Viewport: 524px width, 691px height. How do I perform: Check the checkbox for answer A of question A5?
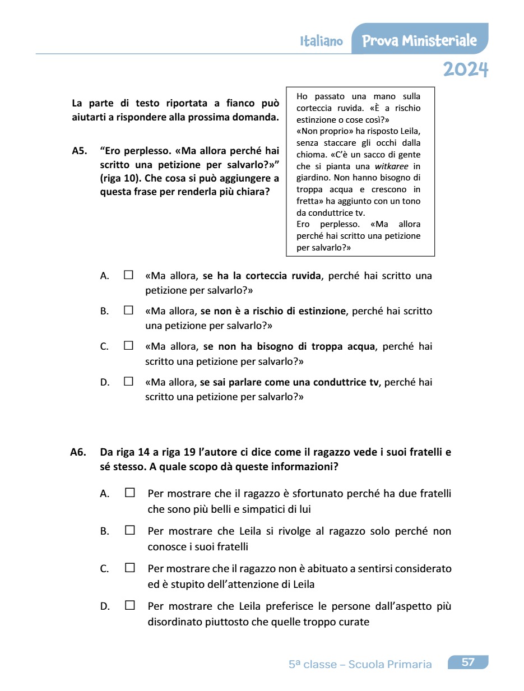point(129,275)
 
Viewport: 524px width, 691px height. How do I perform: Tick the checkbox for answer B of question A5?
point(129,310)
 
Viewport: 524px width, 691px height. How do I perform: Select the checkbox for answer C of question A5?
point(129,346)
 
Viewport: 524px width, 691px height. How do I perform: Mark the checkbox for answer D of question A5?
point(129,382)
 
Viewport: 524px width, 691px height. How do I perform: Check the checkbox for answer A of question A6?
point(130,493)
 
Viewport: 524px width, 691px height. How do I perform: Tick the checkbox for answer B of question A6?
point(130,530)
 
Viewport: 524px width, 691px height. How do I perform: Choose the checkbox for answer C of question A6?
point(130,568)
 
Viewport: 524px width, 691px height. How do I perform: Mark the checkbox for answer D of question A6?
point(130,605)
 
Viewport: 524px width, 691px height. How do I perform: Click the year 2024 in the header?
point(465,69)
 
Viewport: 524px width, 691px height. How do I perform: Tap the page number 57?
point(468,662)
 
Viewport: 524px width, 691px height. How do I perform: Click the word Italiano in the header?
point(321,41)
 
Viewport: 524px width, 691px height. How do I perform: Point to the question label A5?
point(80,151)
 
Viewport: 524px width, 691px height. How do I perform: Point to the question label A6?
point(78,452)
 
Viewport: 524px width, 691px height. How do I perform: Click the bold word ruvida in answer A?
point(306,276)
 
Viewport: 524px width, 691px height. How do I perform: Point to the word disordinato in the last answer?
point(173,622)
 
